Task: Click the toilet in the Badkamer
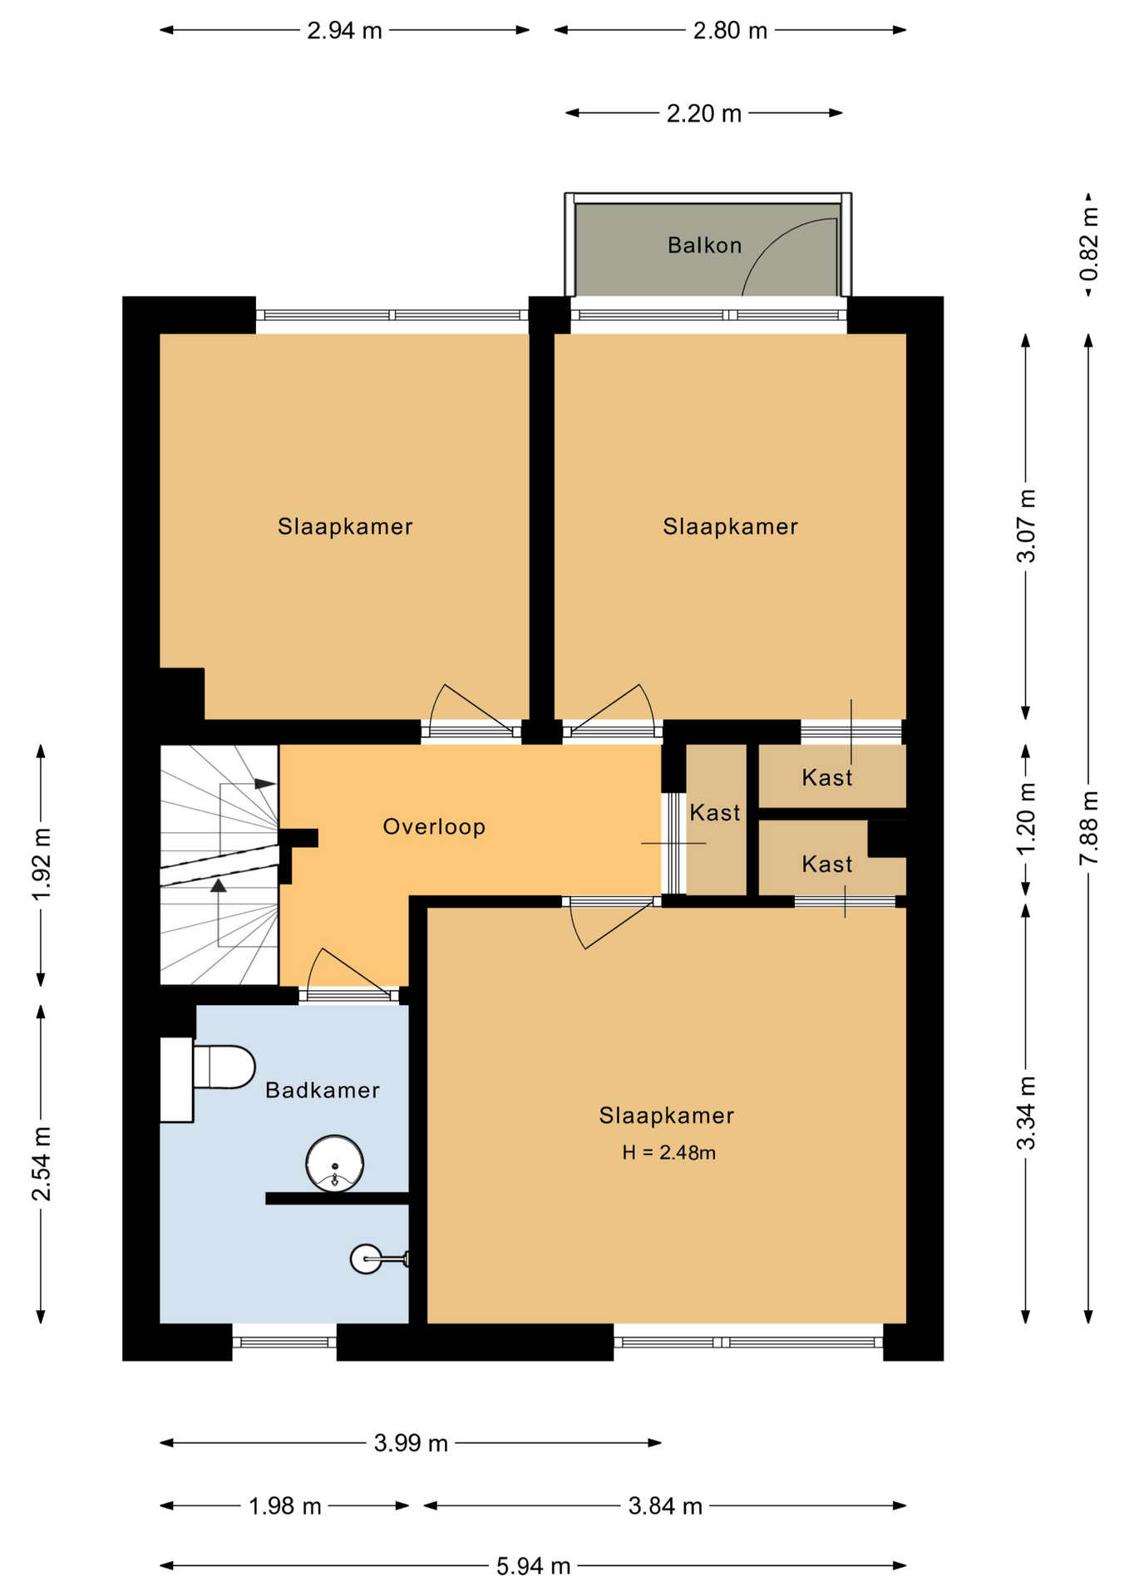pos(208,1078)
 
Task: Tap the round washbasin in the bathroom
pos(335,1163)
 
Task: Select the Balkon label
pos(704,245)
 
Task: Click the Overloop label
pos(434,826)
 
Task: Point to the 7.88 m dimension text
pos(1088,827)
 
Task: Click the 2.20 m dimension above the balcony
pos(703,113)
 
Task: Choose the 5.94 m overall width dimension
pos(533,1566)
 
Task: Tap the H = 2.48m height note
pos(669,1152)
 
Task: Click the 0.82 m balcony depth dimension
pos(1088,245)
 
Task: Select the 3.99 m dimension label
pos(411,1443)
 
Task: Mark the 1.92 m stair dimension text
pos(42,864)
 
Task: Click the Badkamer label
pos(323,1091)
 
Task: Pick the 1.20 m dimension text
pos(1027,817)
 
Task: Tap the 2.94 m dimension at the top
pos(344,31)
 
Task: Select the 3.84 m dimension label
pos(665,1506)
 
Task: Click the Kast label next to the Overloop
pos(715,813)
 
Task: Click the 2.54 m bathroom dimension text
pos(42,1164)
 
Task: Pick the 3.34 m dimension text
pos(1027,1113)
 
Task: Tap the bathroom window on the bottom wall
pos(284,1342)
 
